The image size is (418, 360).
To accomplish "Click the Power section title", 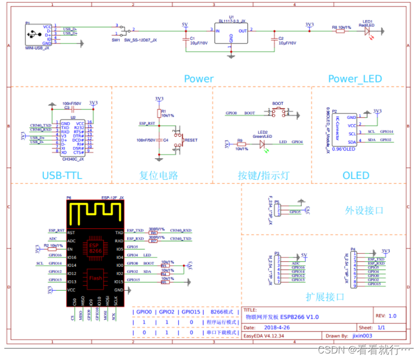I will pyautogui.click(x=198, y=79).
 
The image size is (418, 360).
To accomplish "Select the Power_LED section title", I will pyautogui.click(x=355, y=79).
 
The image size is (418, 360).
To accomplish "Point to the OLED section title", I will pyautogui.click(x=356, y=175).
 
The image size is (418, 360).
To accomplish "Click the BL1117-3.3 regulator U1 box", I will pyautogui.click(x=230, y=34).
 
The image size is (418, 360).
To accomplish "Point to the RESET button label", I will pyautogui.click(x=191, y=140).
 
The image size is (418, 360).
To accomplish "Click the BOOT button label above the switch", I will pyautogui.click(x=278, y=104).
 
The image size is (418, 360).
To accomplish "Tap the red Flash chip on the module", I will pyautogui.click(x=95, y=278).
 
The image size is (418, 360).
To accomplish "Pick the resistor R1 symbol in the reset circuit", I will pyautogui.click(x=159, y=113).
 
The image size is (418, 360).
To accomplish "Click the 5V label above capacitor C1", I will pyautogui.click(x=184, y=25).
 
